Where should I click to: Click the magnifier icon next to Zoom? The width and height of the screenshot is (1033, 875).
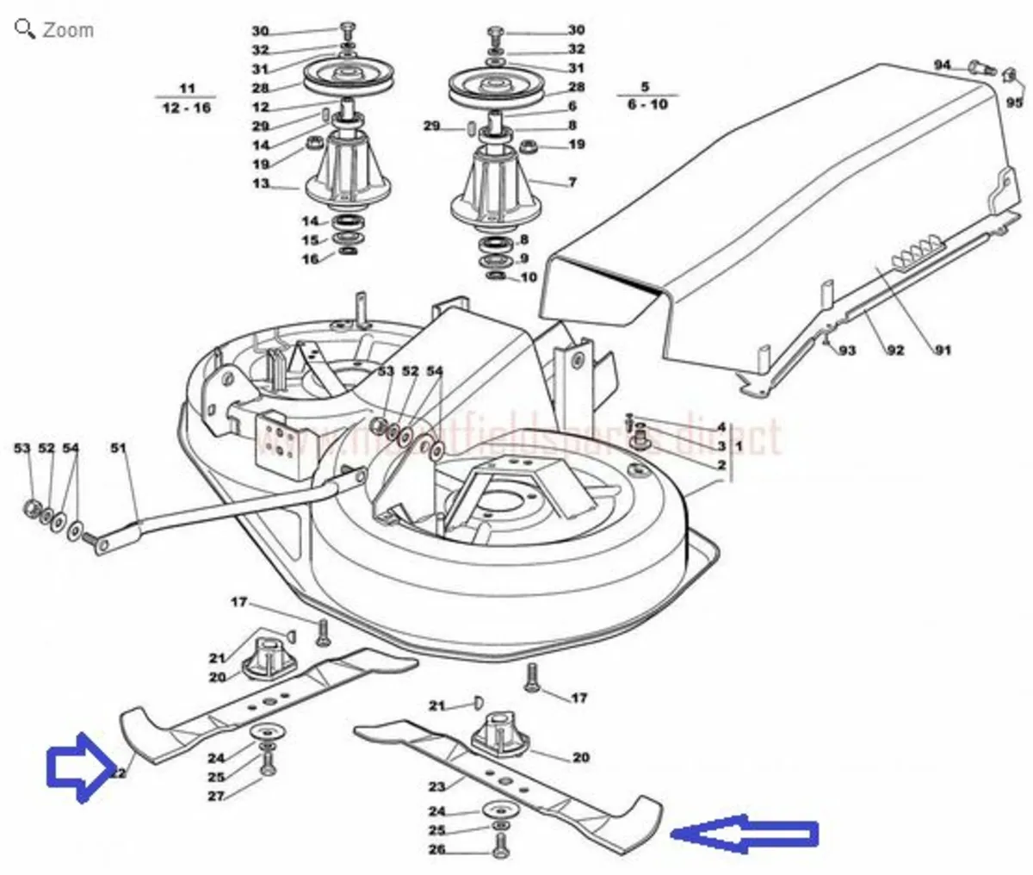point(26,28)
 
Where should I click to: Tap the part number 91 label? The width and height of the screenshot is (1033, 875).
point(944,350)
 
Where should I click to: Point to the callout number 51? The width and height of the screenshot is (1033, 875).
point(118,448)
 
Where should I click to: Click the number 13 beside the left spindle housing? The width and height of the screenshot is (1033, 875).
point(261,183)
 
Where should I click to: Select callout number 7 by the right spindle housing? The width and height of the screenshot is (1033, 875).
point(572,183)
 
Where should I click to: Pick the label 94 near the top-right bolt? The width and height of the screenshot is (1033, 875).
point(943,65)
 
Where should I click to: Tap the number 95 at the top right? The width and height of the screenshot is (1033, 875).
point(1015,102)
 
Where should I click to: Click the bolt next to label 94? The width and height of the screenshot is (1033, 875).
point(978,66)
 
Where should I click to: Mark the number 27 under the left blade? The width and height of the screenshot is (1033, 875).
point(215,797)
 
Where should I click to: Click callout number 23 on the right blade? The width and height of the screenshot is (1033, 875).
point(437,786)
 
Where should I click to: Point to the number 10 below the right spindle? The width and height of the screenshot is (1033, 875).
point(528,277)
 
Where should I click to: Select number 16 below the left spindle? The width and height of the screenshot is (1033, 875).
point(310,258)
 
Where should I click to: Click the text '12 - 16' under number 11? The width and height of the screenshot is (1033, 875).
point(186,109)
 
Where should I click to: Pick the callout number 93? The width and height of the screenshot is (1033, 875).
point(848,350)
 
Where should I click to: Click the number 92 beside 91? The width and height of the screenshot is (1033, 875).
point(895,350)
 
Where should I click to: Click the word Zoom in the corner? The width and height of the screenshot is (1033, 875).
point(68,29)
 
